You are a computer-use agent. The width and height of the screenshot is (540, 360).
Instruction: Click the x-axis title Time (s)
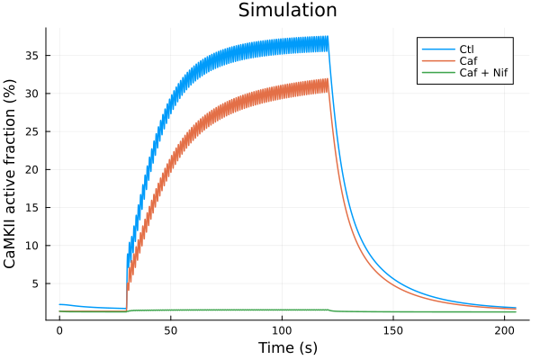287,347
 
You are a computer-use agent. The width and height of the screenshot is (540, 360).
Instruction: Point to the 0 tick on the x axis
59,330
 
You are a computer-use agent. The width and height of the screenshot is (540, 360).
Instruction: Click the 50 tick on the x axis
171,330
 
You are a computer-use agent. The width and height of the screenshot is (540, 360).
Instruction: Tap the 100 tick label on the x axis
283,330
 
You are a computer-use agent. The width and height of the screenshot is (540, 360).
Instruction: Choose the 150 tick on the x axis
394,330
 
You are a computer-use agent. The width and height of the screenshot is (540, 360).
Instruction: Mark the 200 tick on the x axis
506,330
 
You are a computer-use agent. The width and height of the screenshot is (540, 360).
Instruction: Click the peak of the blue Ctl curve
328,37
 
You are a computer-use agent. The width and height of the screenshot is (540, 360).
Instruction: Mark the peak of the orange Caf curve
328,80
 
